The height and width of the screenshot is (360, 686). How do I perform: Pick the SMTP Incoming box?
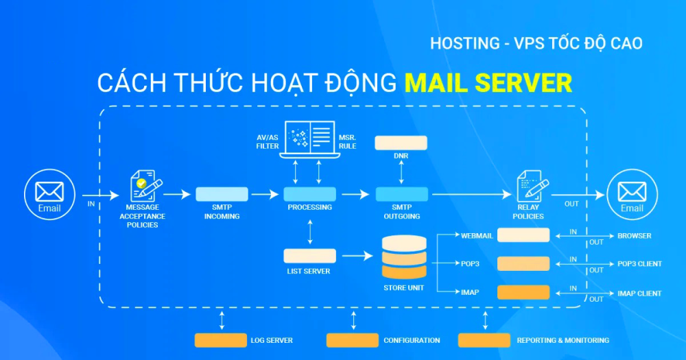click(222, 194)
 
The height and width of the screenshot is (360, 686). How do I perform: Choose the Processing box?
click(310, 194)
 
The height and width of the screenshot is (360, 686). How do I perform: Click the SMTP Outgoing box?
click(401, 194)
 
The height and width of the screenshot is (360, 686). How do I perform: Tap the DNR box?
click(401, 143)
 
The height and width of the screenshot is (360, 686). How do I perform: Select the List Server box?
click(310, 256)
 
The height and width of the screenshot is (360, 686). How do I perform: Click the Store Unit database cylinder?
click(404, 257)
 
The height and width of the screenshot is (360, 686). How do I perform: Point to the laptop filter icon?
click(310, 139)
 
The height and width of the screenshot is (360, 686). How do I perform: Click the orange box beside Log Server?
click(220, 340)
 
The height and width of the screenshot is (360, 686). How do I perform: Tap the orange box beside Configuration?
click(352, 340)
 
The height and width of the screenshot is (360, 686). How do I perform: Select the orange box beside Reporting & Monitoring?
click(484, 340)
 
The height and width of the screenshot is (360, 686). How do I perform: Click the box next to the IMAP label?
click(523, 292)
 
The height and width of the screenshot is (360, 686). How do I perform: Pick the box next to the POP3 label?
click(523, 264)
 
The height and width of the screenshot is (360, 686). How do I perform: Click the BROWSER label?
click(635, 236)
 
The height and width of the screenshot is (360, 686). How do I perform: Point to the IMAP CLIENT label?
click(639, 293)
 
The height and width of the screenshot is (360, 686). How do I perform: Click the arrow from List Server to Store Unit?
click(357, 256)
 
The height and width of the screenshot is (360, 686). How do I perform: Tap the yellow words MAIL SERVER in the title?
click(488, 83)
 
